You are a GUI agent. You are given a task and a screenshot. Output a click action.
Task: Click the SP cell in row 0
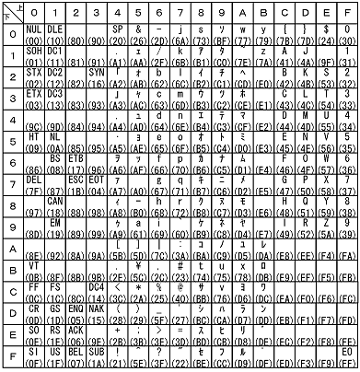pos(120,35)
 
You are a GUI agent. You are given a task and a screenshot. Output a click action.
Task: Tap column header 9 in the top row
pos(225,13)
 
